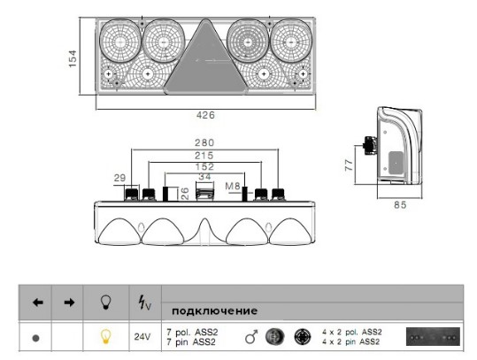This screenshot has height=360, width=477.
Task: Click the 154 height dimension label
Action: point(73,58)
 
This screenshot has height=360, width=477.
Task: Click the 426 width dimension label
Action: point(205,115)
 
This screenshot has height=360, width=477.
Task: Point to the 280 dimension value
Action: point(204,142)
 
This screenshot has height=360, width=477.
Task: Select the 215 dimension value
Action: point(204,156)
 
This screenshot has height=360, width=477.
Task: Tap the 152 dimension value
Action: point(204,166)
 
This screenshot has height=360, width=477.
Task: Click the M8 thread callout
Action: point(233,186)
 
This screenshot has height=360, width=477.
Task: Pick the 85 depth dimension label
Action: point(400,205)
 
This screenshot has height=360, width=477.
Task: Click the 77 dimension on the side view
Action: point(350,165)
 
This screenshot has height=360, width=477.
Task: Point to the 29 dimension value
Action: point(119,178)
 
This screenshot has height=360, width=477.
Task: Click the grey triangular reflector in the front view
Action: point(205,62)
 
